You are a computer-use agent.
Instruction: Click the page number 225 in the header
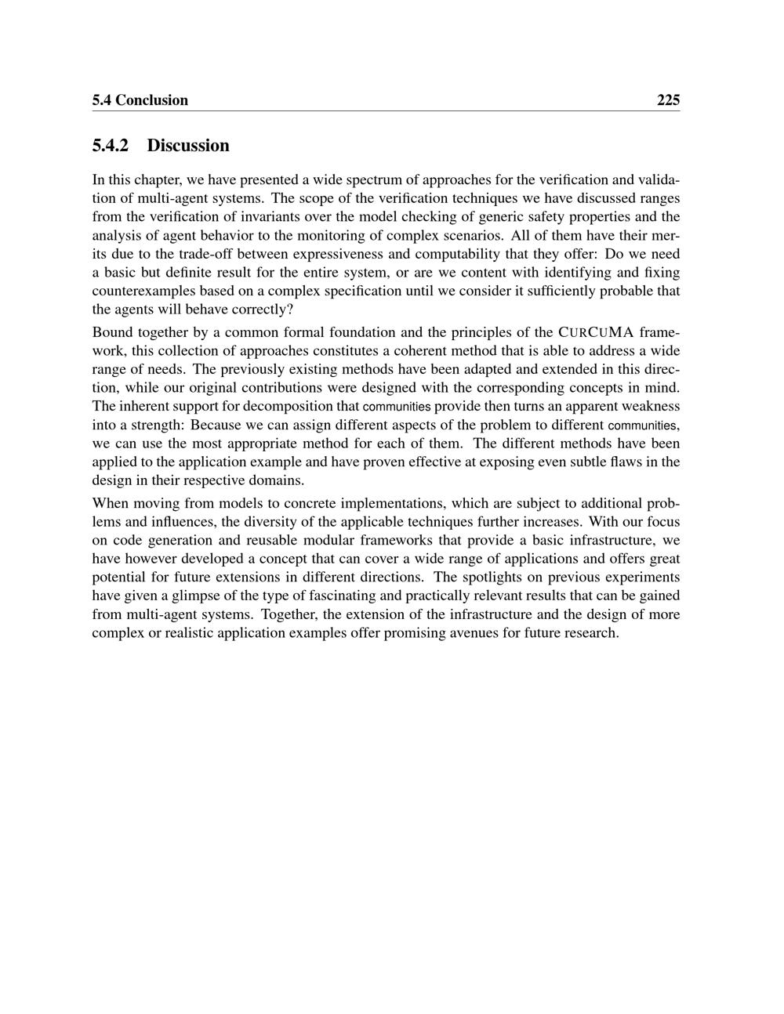click(x=668, y=100)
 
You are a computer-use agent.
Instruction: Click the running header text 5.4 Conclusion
click(x=140, y=100)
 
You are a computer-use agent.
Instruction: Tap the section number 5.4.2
click(x=110, y=146)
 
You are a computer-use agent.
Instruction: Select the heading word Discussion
click(x=188, y=146)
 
